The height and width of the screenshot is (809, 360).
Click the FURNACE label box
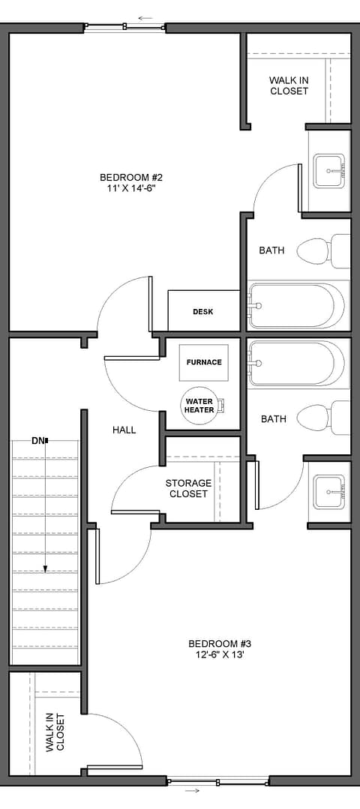204,362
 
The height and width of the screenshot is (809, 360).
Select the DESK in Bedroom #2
204,311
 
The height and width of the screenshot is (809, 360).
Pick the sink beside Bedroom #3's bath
329,492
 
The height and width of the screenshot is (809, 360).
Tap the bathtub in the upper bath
296,305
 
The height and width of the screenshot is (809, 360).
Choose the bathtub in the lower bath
296,363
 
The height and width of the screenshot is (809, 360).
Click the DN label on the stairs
38,441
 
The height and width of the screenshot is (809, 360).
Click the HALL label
124,430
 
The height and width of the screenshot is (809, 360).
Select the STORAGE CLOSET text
188,489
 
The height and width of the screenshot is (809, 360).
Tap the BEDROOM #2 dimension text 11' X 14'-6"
127,188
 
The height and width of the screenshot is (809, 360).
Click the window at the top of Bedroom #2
124,25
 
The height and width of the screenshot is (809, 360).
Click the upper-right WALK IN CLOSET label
289,85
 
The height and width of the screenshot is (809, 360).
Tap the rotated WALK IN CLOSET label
55,732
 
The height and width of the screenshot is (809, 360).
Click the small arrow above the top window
145,18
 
